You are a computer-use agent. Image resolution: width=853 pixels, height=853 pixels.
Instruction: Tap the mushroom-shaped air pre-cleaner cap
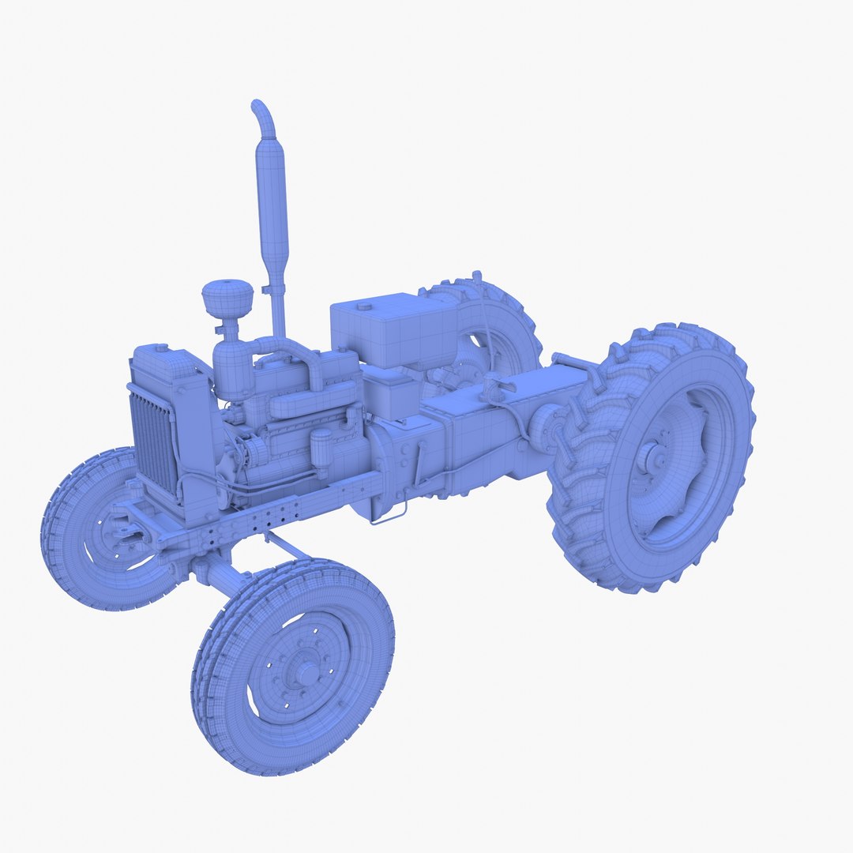(x=227, y=297)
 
